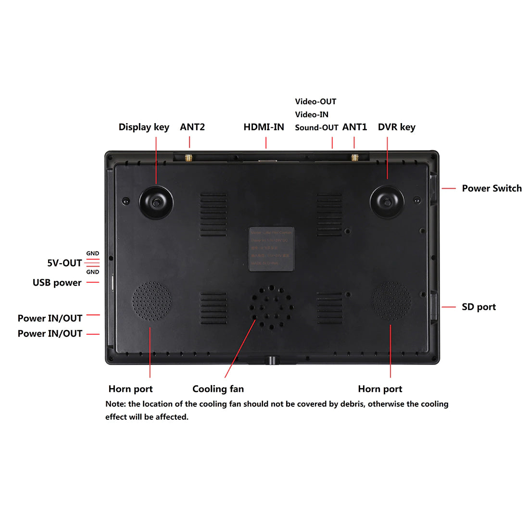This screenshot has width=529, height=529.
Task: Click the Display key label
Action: (144, 127)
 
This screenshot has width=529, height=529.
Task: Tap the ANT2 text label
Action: (192, 127)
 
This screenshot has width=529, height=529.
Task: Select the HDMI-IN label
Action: (264, 127)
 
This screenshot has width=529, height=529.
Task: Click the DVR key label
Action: (396, 127)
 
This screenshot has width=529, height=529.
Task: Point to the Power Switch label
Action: (491, 189)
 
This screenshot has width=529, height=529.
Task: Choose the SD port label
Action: (479, 307)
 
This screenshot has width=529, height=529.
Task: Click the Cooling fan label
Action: (218, 389)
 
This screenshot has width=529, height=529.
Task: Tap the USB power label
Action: (57, 283)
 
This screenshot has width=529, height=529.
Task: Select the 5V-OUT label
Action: (64, 263)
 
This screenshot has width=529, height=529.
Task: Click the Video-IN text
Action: (312, 114)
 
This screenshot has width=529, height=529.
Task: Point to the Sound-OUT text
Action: (316, 127)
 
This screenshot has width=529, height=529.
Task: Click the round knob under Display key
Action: (156, 202)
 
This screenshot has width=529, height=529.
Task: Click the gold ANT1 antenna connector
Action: (355, 157)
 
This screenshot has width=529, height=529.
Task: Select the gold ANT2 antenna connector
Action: (189, 157)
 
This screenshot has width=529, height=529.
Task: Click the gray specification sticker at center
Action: (271, 249)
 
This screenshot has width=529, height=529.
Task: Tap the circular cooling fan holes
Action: (271, 308)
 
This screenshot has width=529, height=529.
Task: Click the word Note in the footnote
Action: (115, 404)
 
